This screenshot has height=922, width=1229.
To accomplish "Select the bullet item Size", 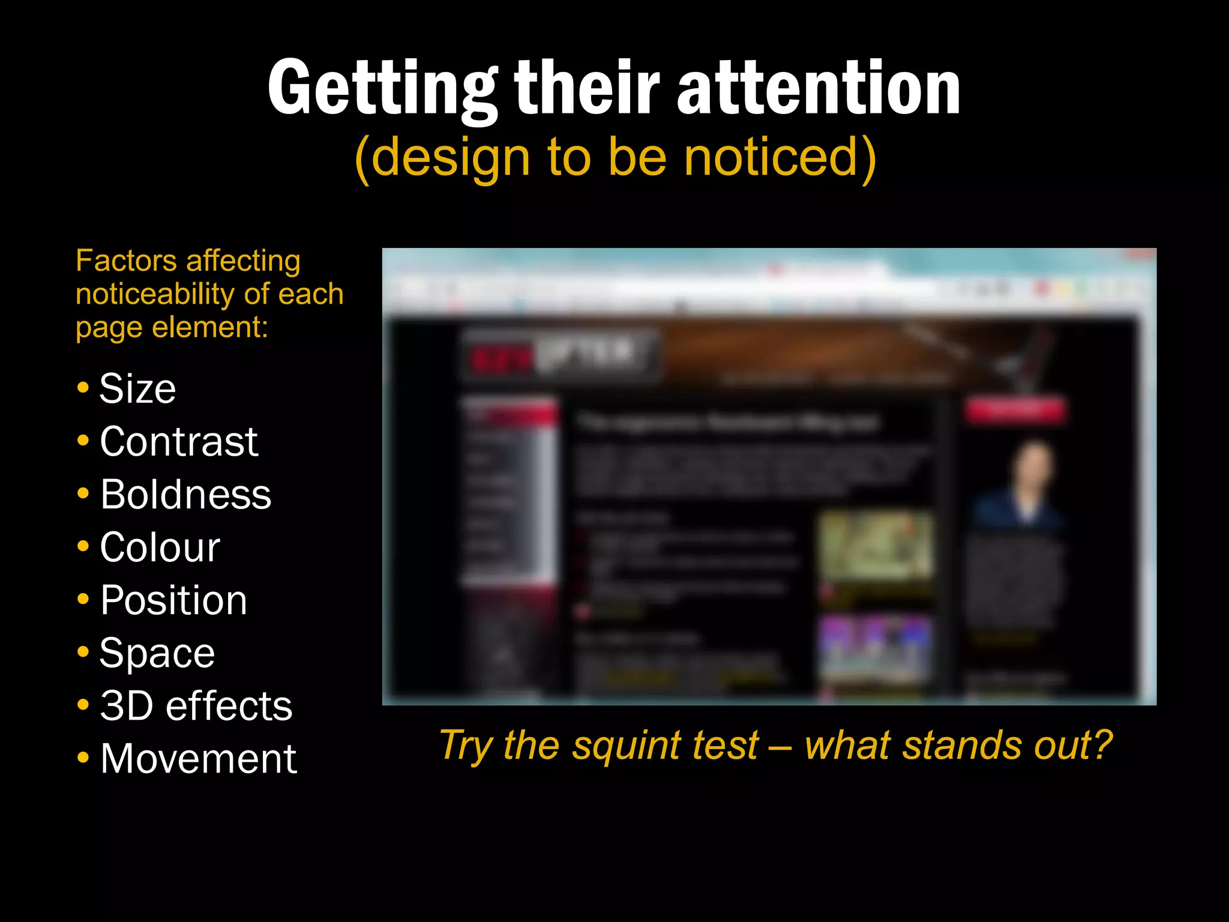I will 137,389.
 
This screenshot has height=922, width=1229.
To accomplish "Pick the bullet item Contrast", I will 178,442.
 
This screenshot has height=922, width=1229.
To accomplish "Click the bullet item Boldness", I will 185,495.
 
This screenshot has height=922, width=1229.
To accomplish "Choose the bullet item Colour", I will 160,547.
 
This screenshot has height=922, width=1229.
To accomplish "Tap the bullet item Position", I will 173,600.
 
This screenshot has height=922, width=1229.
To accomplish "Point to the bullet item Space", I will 157,653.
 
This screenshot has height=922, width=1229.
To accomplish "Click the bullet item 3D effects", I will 196,706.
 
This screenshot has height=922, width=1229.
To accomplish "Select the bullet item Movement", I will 198,759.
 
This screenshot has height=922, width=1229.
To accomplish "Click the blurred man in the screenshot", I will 1023,486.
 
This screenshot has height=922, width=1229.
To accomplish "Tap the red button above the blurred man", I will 1015,410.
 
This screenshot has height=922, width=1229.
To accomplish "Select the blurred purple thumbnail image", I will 876,648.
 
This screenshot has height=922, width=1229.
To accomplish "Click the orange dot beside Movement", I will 83,758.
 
